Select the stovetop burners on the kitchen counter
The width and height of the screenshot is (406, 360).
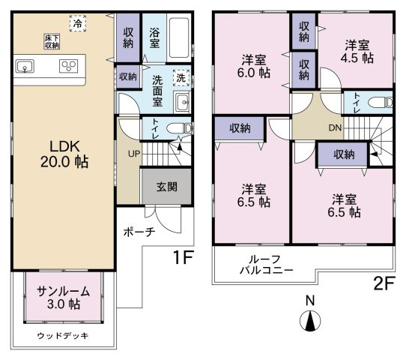click(70, 67)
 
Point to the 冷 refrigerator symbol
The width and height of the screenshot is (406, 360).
click(78, 24)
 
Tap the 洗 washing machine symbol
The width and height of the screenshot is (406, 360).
click(181, 76)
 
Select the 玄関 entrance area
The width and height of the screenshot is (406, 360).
click(166, 187)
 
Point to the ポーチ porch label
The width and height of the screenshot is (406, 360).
click(139, 232)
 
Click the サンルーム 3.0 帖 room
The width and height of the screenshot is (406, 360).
click(64, 298)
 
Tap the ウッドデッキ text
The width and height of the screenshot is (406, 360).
click(63, 336)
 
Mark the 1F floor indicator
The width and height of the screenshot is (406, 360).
click(184, 259)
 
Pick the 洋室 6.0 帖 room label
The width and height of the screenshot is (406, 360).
click(253, 66)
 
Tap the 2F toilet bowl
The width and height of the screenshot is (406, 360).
click(382, 102)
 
